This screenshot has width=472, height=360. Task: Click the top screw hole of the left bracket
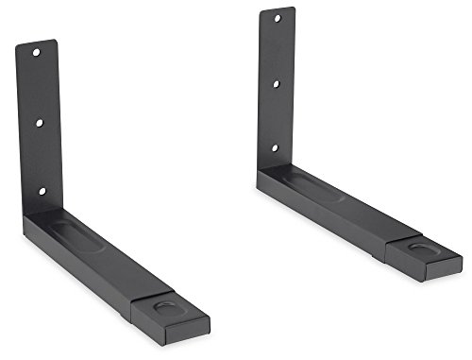tap(37, 55)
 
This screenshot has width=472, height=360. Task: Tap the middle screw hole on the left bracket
tap(40, 122)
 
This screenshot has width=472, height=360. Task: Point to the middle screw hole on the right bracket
tap(276, 83)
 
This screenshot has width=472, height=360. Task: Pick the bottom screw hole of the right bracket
tap(276, 146)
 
